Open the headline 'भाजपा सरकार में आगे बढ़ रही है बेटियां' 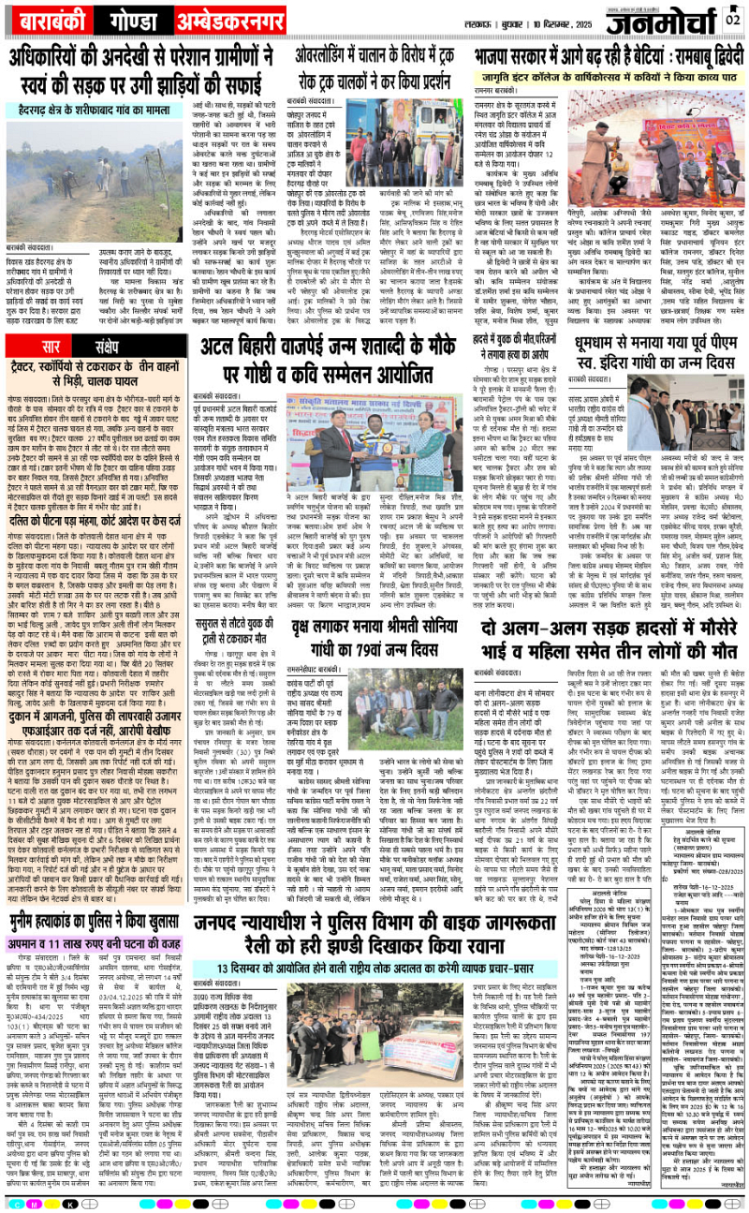point(608,54)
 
